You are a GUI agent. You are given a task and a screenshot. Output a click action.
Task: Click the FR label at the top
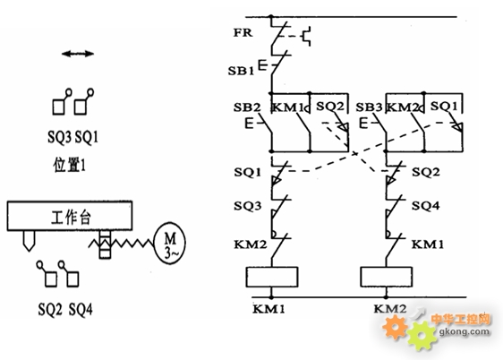(x=243, y=32)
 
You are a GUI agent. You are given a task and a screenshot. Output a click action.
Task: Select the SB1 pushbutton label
(x=241, y=71)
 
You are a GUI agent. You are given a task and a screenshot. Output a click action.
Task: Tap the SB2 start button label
(x=247, y=107)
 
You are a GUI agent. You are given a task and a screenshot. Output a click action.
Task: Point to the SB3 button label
(x=369, y=107)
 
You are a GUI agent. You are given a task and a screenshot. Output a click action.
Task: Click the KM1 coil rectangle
(x=272, y=277)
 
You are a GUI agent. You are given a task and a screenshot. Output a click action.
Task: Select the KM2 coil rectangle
(x=387, y=277)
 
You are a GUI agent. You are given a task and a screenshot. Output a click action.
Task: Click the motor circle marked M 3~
(x=170, y=243)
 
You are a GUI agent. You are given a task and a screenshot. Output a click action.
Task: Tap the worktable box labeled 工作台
(x=70, y=216)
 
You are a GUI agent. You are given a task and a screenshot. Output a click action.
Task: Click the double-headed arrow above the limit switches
(x=78, y=54)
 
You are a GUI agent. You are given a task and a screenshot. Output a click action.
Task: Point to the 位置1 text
(x=70, y=165)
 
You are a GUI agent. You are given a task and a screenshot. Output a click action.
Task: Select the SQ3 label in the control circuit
(x=247, y=206)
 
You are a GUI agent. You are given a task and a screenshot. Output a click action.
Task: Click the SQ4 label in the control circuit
(x=426, y=206)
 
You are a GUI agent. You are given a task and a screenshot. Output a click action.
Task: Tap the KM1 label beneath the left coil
(x=269, y=309)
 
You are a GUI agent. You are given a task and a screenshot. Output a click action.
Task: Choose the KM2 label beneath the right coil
(x=390, y=309)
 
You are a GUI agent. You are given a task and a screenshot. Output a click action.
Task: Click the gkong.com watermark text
(x=465, y=331)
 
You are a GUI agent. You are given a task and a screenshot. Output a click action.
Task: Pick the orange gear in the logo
(x=395, y=327)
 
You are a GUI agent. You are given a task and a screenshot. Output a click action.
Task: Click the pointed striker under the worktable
(x=29, y=241)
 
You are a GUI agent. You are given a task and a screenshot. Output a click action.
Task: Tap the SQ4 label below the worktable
(x=81, y=309)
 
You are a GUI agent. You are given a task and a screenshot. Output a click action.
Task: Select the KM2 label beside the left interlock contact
(x=251, y=244)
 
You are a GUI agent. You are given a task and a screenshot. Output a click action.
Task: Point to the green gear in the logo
(x=422, y=336)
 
